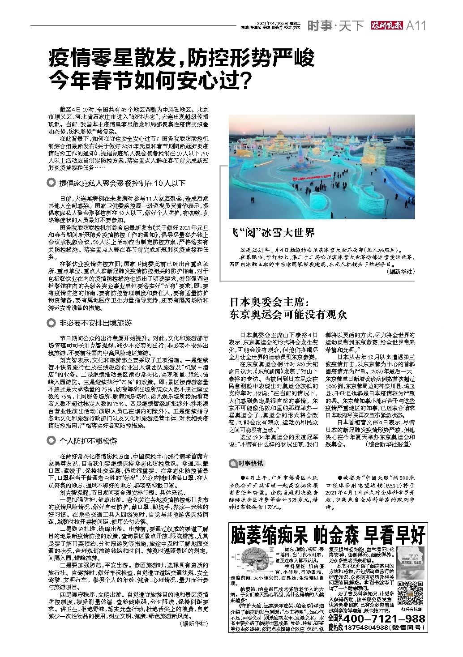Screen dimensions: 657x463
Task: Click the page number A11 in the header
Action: pyautogui.click(x=416, y=26)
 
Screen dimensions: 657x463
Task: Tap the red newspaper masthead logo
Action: pyautogui.click(x=385, y=26)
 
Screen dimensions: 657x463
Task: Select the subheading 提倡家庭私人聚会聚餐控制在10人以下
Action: pyautogui.click(x=122, y=183)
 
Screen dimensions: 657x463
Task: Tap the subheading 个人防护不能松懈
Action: pyautogui.click(x=88, y=440)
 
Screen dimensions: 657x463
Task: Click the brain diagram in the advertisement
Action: pyautogui.click(x=253, y=562)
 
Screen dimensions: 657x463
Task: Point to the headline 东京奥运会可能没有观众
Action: pyautogui.click(x=288, y=314)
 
